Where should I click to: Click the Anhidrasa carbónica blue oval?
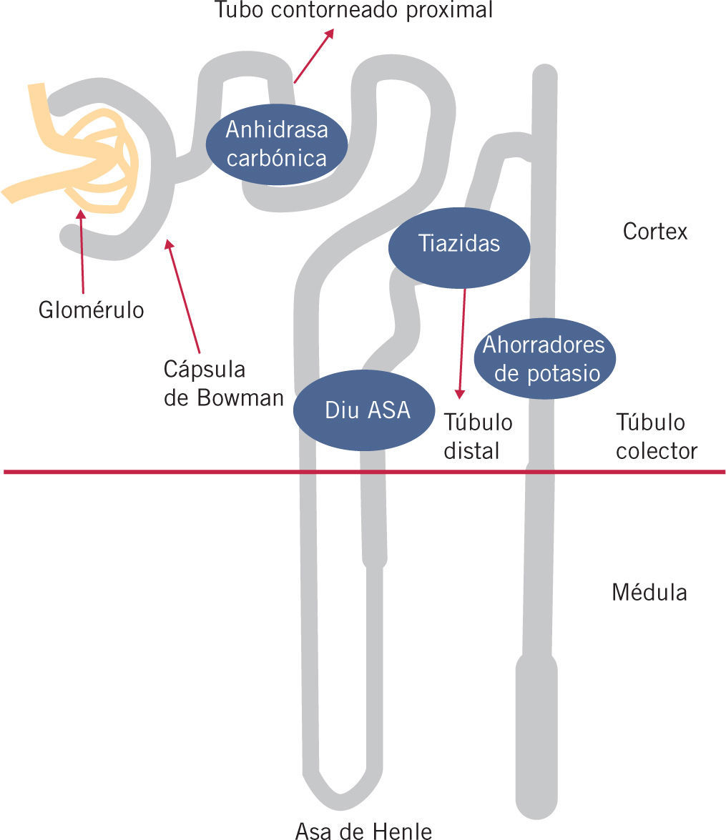click(x=276, y=144)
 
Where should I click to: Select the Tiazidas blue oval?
click(x=458, y=244)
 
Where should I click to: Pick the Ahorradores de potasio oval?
click(x=545, y=359)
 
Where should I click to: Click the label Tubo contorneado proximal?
click(x=354, y=11)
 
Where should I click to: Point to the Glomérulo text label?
click(x=91, y=311)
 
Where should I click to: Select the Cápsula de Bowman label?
click(x=223, y=383)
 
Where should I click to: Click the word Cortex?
click(x=654, y=232)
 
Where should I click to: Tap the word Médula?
click(x=649, y=593)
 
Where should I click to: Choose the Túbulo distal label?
click(x=478, y=436)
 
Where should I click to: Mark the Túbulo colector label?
click(x=656, y=436)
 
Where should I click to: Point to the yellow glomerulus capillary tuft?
click(x=100, y=161)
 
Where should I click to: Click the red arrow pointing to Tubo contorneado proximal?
click(x=313, y=56)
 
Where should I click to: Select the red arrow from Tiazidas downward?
click(x=462, y=343)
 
